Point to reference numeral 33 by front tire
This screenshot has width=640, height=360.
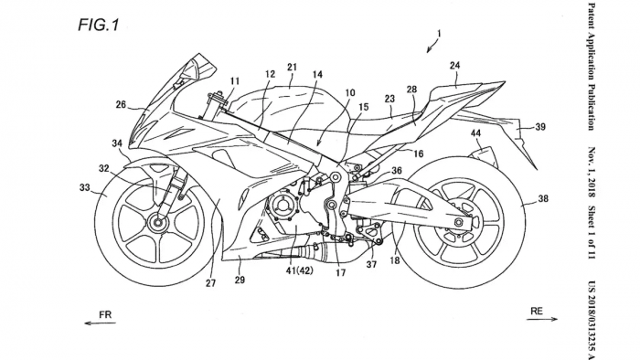[x=85, y=188]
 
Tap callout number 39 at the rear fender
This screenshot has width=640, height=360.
[x=540, y=127]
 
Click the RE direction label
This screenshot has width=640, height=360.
[x=537, y=312]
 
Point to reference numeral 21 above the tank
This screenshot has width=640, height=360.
[x=292, y=67]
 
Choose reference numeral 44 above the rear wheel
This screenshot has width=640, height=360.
[x=476, y=134]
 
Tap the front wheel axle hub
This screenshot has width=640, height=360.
[x=161, y=222]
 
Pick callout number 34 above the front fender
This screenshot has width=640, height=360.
[x=118, y=144]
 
